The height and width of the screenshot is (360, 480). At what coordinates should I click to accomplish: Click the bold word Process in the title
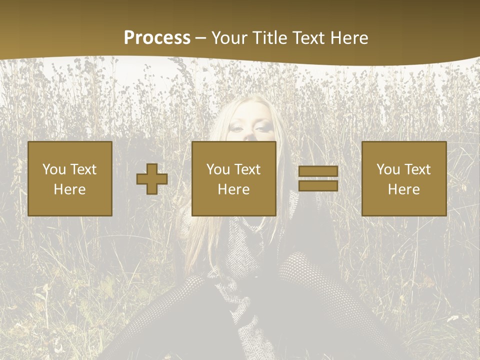point(157,38)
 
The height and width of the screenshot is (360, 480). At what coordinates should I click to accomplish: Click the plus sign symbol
point(152,179)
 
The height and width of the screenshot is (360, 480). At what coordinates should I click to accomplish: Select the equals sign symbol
point(318,179)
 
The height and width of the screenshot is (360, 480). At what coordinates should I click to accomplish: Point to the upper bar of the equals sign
point(318,171)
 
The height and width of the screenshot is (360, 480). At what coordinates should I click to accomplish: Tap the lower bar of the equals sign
point(318,186)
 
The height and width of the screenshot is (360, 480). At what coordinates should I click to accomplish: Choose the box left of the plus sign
point(69,178)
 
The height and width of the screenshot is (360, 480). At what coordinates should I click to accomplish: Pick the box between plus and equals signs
point(233,178)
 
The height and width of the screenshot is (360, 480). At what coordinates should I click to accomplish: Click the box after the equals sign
point(403,178)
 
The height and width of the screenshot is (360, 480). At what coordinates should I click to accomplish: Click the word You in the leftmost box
point(54,169)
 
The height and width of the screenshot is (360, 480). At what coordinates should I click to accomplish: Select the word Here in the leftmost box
point(69,189)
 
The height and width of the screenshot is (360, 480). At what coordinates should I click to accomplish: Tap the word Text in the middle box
point(247,169)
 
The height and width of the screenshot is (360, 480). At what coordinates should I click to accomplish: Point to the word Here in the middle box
point(233,189)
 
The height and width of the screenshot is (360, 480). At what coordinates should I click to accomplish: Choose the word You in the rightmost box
point(388,169)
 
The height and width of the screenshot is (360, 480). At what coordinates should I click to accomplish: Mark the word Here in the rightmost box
point(403,189)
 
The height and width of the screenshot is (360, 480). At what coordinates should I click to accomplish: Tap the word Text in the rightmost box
point(417,169)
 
